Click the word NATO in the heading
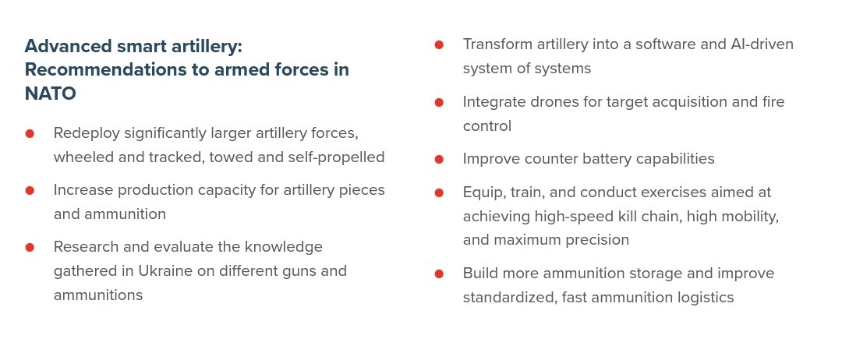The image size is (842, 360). click(50, 94)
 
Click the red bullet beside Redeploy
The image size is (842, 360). click(30, 133)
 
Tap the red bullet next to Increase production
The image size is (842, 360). click(30, 190)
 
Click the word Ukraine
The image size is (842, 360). click(165, 270)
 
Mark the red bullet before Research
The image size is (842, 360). click(30, 247)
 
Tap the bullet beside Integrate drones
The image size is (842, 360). click(439, 102)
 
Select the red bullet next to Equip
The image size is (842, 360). click(439, 192)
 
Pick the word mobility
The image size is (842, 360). click(745, 217)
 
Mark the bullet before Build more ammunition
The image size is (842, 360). click(439, 274)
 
